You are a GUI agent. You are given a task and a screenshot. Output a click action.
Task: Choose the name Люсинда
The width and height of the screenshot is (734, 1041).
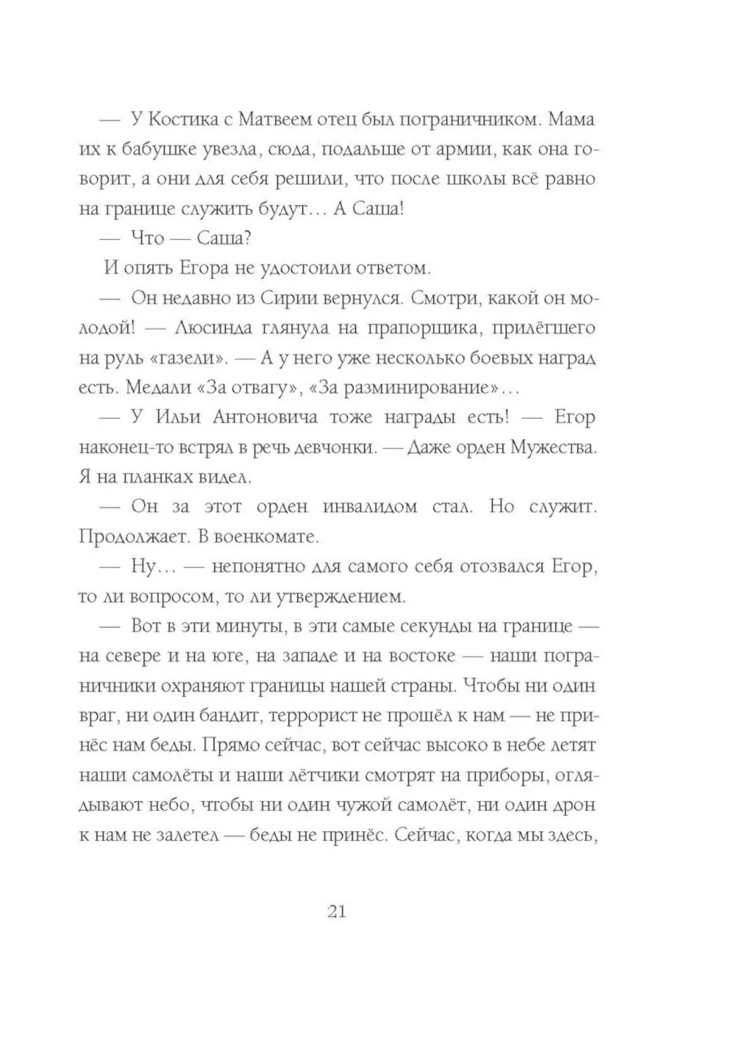(x=218, y=329)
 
